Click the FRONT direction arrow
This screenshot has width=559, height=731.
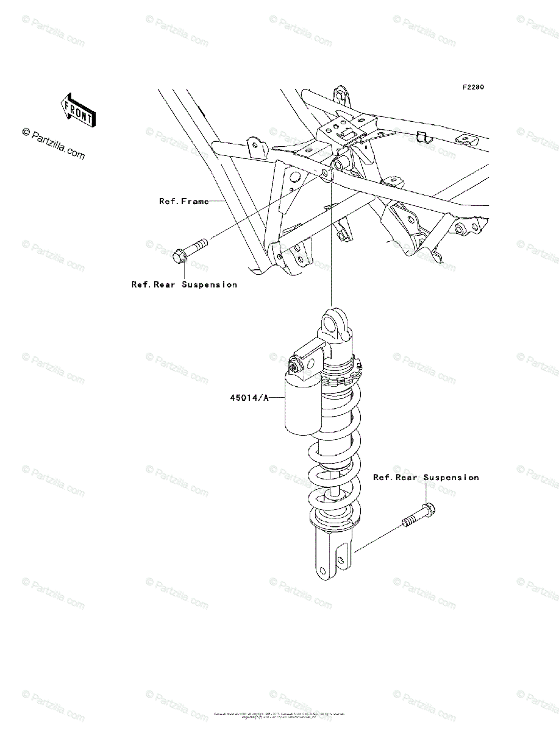pyautogui.click(x=77, y=110)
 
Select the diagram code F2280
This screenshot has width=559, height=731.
pyautogui.click(x=472, y=87)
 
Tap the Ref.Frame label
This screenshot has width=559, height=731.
pyautogui.click(x=184, y=201)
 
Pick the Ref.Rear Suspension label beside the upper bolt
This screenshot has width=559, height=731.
pyautogui.click(x=184, y=284)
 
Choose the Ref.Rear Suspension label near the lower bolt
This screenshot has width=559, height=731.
pyautogui.click(x=425, y=478)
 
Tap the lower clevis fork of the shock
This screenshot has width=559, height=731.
pyautogui.click(x=332, y=554)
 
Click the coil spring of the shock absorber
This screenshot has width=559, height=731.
pyautogui.click(x=335, y=451)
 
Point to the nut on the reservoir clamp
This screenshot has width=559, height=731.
pyautogui.click(x=294, y=367)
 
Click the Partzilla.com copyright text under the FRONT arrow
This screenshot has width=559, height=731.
pyautogui.click(x=54, y=144)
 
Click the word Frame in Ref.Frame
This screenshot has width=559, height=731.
pyautogui.click(x=196, y=201)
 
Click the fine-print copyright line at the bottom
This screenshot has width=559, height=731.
pyautogui.click(x=279, y=715)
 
